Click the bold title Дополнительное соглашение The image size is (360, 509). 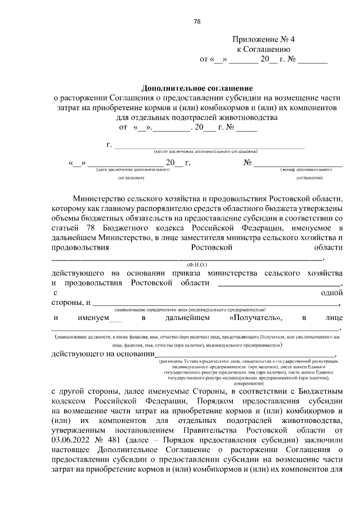tap(197, 88)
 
